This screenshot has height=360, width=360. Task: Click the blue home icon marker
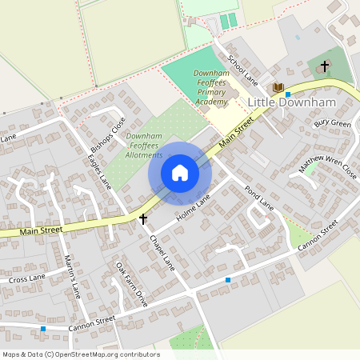[x=180, y=173]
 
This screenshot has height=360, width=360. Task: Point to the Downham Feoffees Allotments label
[x=144, y=146]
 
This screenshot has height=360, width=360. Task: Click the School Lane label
[x=241, y=70]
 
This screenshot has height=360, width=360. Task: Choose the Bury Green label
[x=332, y=124]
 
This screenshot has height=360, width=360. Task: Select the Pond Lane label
[x=259, y=196]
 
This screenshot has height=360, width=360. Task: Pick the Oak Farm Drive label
[x=132, y=284]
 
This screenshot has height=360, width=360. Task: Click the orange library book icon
[x=278, y=86]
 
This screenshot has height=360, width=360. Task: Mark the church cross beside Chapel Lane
[x=143, y=218]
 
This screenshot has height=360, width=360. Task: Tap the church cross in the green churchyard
[x=325, y=65]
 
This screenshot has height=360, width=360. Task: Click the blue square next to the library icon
[x=287, y=94]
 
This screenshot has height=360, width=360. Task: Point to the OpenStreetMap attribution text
[x=80, y=354]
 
